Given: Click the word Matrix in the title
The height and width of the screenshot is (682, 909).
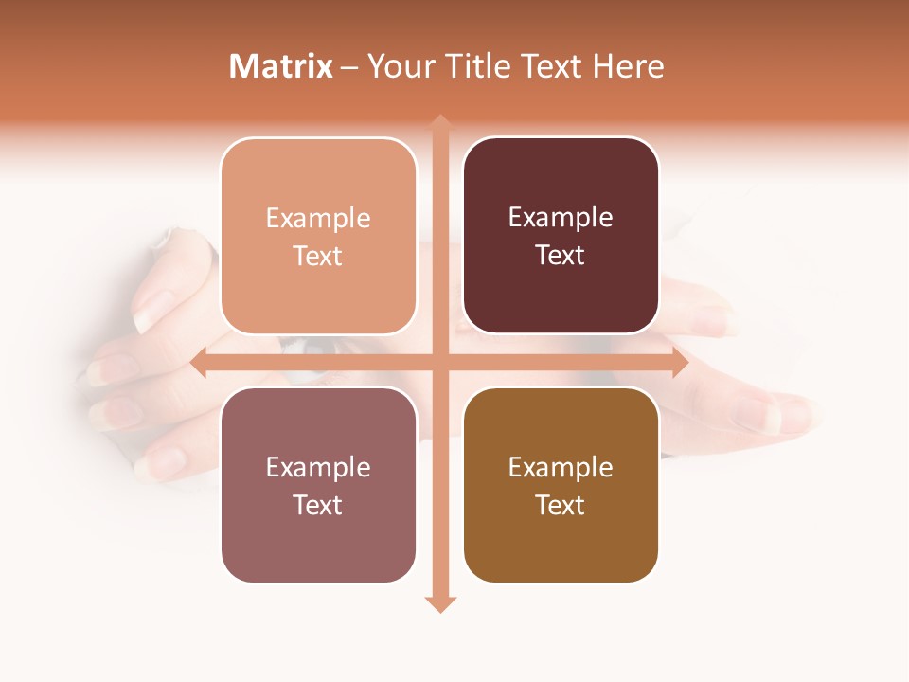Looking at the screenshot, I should click(280, 66).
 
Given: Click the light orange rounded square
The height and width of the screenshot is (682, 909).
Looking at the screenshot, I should click(318, 236).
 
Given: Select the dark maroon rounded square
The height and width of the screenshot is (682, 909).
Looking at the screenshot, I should click(561, 236).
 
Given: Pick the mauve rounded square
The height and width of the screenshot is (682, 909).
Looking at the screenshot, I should click(318, 485).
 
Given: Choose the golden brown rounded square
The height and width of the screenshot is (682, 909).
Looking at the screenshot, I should click(561, 485).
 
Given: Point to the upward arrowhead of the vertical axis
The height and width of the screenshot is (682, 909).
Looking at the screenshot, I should click(440, 122).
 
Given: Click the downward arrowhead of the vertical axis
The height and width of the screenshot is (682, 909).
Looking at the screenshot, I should click(440, 603).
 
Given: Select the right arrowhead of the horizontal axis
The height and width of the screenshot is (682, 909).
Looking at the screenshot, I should click(679, 363).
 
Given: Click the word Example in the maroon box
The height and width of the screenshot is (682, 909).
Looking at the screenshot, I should click(561, 217).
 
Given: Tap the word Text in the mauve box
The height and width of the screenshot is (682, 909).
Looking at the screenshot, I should click(317, 505).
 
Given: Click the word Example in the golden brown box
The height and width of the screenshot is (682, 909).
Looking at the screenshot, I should click(561, 467).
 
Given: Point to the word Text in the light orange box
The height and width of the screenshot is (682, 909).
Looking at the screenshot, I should click(317, 256).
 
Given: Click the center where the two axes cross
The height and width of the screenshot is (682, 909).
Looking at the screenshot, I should click(440, 363).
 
